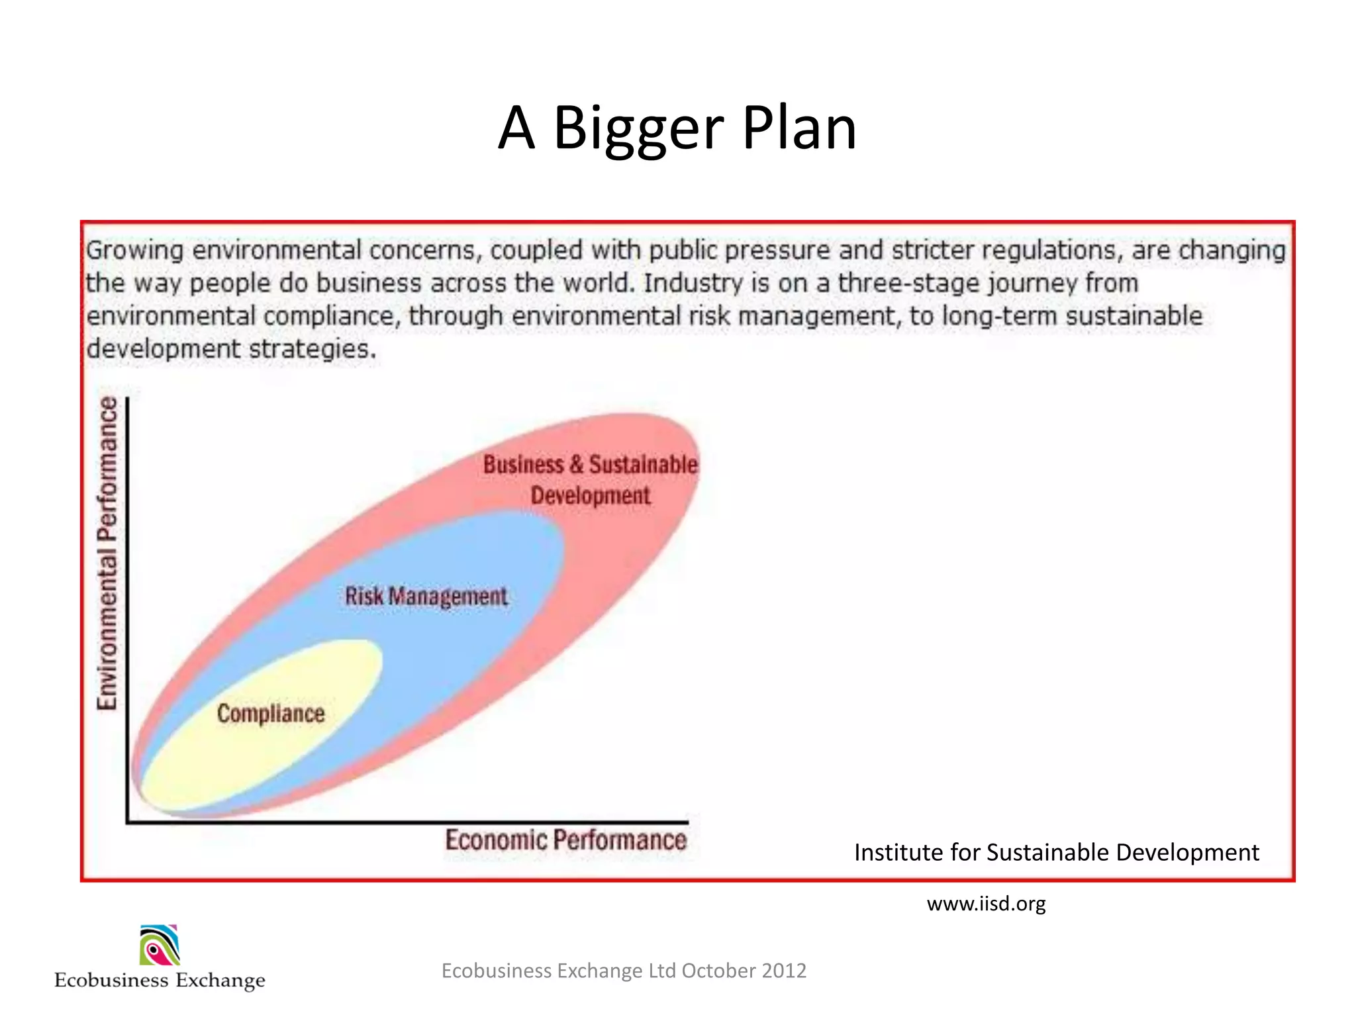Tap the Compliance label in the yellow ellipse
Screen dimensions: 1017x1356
tap(271, 714)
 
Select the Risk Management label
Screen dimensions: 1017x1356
tap(426, 597)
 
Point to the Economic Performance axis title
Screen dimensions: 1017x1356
tap(565, 840)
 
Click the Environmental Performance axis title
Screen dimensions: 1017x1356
tap(107, 554)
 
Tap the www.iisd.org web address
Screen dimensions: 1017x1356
tap(986, 904)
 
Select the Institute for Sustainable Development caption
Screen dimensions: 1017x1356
tap(1056, 853)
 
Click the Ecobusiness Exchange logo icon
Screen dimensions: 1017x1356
tap(160, 945)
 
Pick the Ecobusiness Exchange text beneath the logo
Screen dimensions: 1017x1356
tap(160, 980)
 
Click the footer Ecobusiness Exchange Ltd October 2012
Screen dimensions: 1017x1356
tap(624, 971)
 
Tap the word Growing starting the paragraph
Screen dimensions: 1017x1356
tap(135, 251)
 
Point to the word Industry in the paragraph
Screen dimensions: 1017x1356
tap(693, 283)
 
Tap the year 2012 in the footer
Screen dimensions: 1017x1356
tap(784, 971)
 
